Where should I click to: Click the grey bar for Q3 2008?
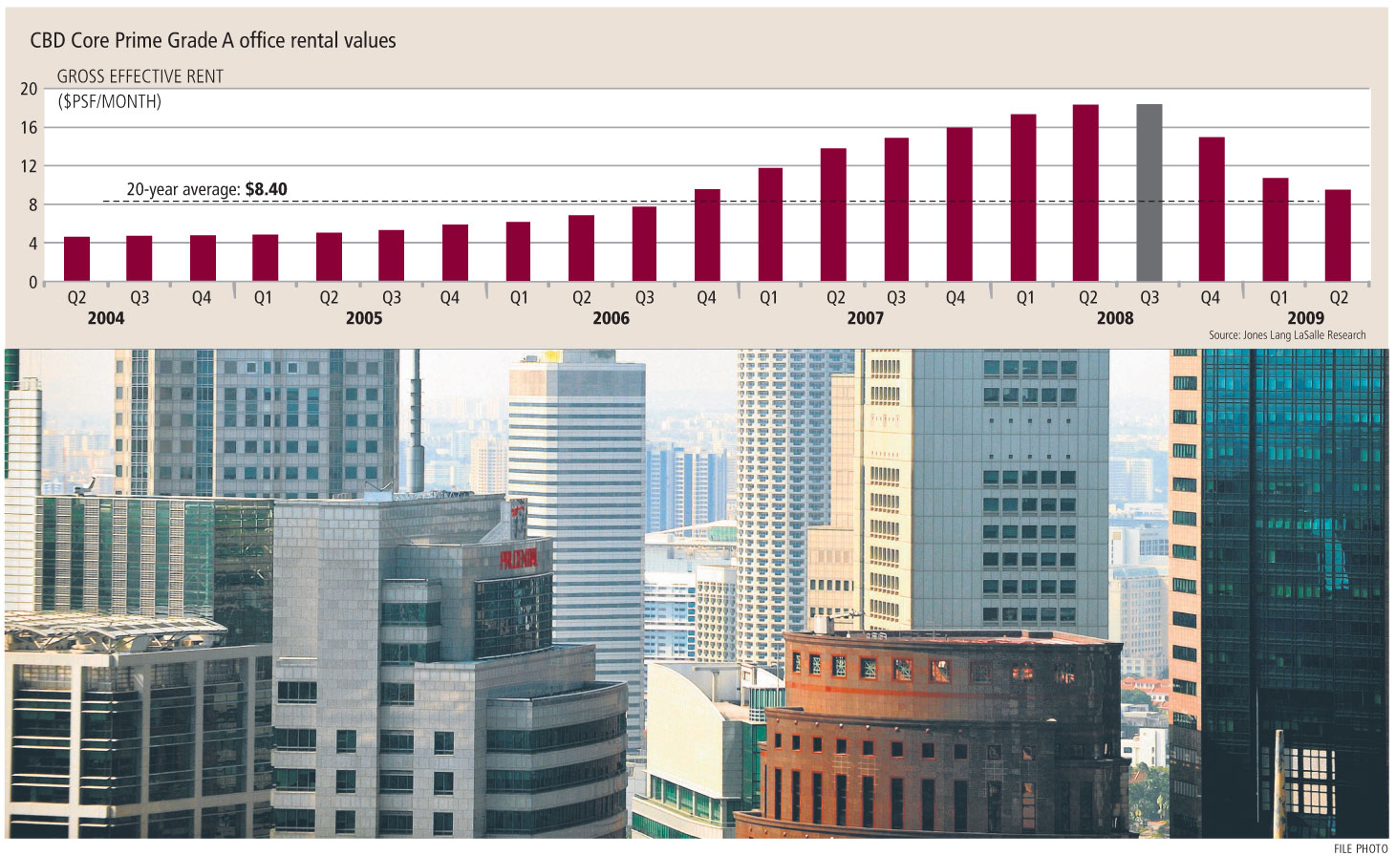(1149, 193)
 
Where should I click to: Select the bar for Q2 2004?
(76, 259)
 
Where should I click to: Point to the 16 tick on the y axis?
(29, 128)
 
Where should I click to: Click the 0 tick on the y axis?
(32, 283)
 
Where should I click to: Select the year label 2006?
(611, 318)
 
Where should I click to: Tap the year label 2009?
(1305, 318)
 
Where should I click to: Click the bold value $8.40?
(266, 189)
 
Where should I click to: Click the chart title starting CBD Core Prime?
(213, 40)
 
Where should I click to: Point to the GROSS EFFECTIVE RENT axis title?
(140, 77)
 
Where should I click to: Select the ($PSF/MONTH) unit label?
(110, 101)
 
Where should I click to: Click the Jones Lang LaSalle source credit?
(1287, 335)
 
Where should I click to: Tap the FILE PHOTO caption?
(1361, 848)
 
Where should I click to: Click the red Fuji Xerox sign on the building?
(519, 559)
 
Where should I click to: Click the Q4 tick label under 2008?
(1210, 298)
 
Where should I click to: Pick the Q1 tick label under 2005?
(263, 298)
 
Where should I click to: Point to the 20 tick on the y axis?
(29, 89)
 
